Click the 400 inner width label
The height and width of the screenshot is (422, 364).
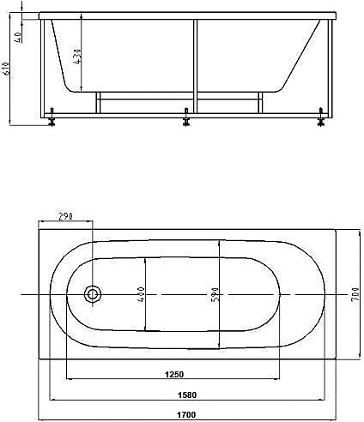[x=140, y=293]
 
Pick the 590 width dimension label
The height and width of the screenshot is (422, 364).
[x=215, y=295]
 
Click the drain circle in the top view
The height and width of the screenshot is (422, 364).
[x=92, y=294]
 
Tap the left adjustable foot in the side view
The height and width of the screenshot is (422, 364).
[x=53, y=119]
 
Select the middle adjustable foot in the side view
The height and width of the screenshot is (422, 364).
[x=186, y=118]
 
